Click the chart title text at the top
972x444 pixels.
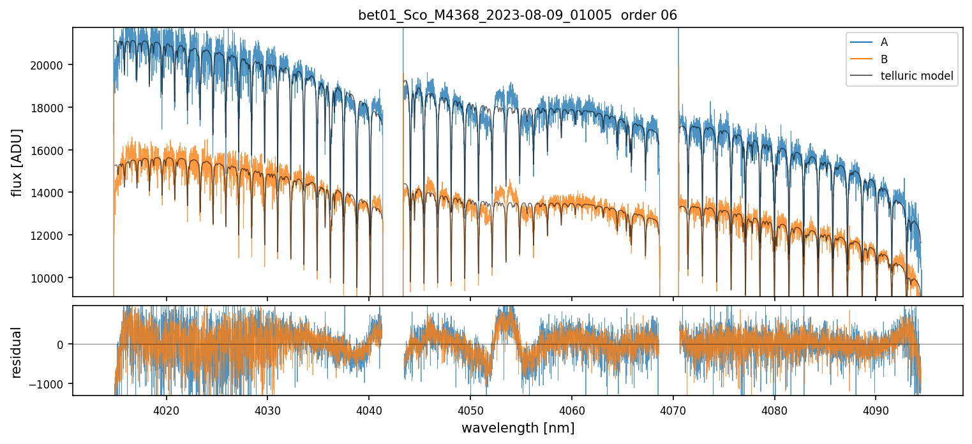pyautogui.click(x=518, y=15)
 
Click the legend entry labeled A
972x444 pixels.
pyautogui.click(x=884, y=42)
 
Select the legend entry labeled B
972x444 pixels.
pyautogui.click(x=884, y=59)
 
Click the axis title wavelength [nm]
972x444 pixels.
pyautogui.click(x=518, y=427)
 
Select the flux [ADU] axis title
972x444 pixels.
pyautogui.click(x=17, y=162)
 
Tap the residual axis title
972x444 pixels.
pyautogui.click(x=17, y=352)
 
